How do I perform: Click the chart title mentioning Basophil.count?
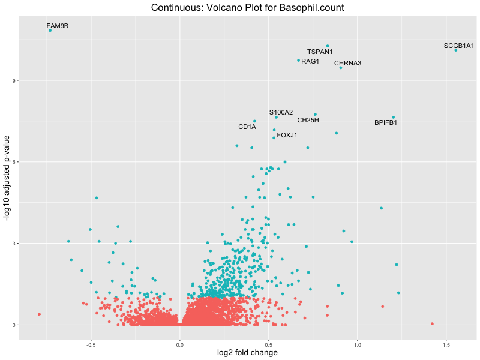point(248,8)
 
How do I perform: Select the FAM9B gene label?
point(57,26)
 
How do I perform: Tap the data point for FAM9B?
point(50,30)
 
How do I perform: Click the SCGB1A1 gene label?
point(459,46)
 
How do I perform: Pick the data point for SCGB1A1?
point(456,50)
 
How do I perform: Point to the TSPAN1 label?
point(320,52)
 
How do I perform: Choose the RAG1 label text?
point(310,62)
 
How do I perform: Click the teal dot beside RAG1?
point(298,60)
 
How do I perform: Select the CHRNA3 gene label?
point(347,64)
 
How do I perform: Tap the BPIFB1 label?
point(386,123)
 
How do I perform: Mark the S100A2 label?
point(281,112)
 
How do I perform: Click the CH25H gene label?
point(308,120)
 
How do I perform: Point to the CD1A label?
point(247,127)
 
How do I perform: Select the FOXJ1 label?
point(287,135)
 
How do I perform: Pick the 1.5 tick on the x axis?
point(446,346)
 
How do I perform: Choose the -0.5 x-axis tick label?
point(91,346)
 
